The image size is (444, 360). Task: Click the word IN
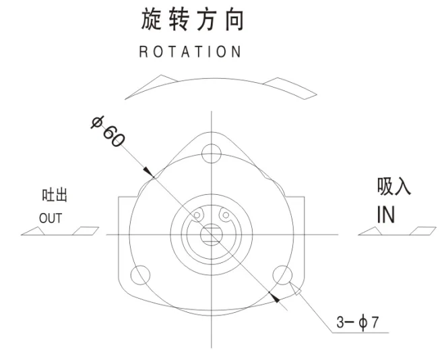click(385, 214)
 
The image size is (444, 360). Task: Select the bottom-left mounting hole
click(141, 274)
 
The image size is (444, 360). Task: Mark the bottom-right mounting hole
click(284, 274)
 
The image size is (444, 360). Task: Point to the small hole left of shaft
click(197, 216)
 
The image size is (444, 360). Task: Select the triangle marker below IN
click(373, 231)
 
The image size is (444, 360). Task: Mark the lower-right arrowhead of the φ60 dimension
click(273, 295)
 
